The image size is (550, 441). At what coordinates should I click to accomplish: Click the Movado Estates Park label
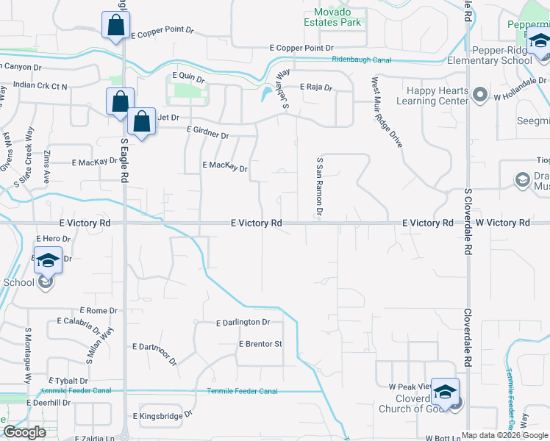pyautogui.click(x=332, y=17)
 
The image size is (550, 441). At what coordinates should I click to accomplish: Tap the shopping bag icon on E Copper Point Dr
pyautogui.click(x=115, y=26)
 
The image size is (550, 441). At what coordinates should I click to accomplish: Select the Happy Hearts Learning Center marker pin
pyautogui.click(x=480, y=94)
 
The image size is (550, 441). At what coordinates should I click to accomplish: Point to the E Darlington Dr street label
pyautogui.click(x=243, y=323)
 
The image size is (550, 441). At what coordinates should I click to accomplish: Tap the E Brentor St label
pyautogui.click(x=260, y=344)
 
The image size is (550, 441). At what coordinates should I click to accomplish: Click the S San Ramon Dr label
pyautogui.click(x=319, y=186)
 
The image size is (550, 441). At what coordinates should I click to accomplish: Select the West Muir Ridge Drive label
pyautogui.click(x=387, y=112)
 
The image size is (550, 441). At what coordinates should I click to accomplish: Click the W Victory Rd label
pyautogui.click(x=502, y=223)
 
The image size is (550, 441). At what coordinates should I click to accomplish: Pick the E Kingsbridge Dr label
pyautogui.click(x=162, y=415)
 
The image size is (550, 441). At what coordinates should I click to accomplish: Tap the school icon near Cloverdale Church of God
pyautogui.click(x=445, y=392)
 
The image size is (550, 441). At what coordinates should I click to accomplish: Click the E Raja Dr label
pyautogui.click(x=316, y=87)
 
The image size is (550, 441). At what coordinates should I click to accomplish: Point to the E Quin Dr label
pyautogui.click(x=187, y=76)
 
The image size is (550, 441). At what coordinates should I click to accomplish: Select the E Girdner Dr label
pyautogui.click(x=208, y=132)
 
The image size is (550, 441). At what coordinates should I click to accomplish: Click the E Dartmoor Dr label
pyautogui.click(x=155, y=353)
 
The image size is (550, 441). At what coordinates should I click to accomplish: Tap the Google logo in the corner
pyautogui.click(x=24, y=432)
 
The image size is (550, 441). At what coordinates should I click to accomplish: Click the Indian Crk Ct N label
pyautogui.click(x=40, y=86)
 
